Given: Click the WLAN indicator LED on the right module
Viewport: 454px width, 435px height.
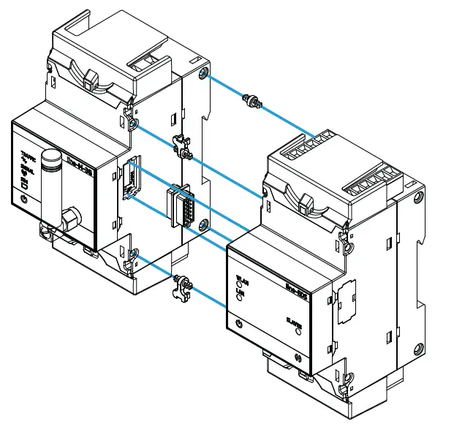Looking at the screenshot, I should coord(240,285).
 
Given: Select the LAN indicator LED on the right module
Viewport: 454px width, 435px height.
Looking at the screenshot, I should coord(240,300).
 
